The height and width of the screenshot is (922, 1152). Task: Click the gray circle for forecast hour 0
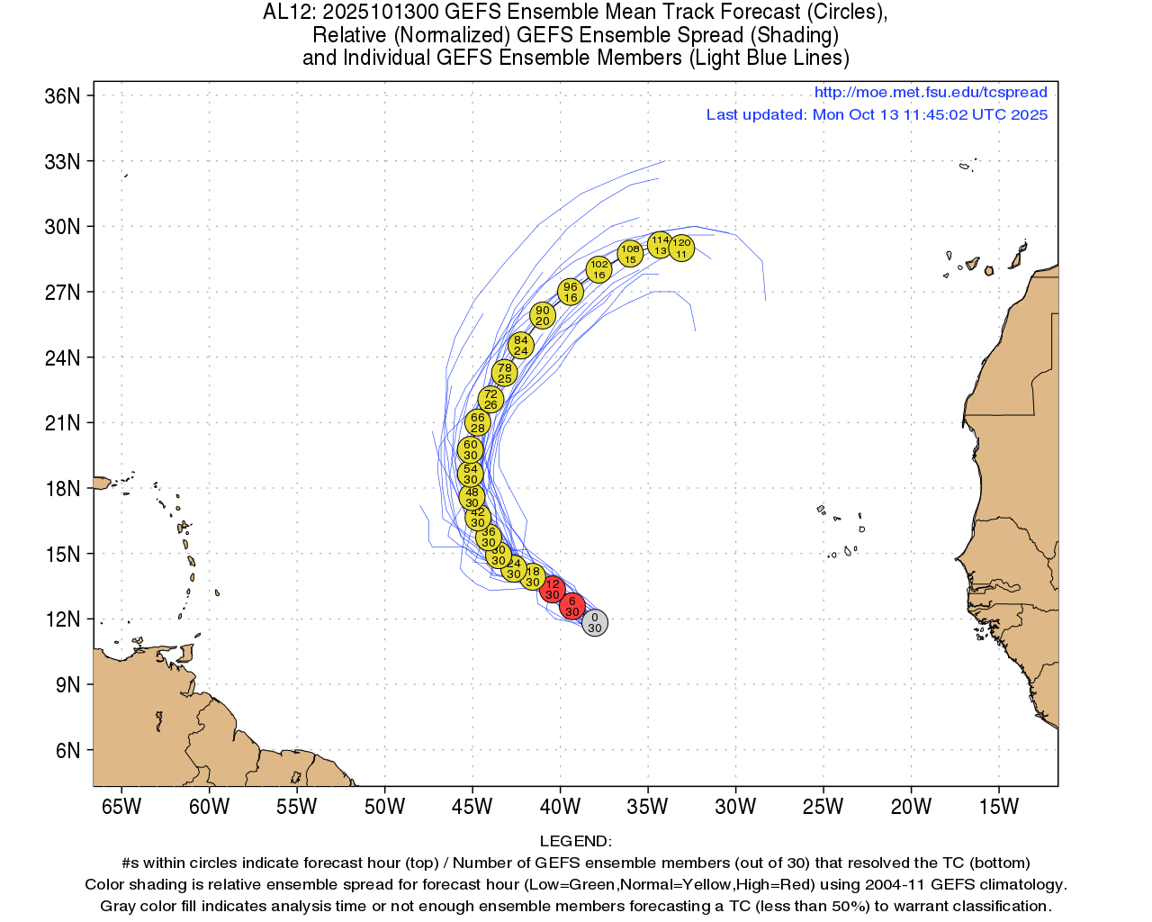[594, 622]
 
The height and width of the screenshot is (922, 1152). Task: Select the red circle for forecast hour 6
[572, 606]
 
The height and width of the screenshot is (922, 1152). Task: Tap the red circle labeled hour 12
[553, 590]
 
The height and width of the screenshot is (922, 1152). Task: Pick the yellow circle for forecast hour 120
[681, 248]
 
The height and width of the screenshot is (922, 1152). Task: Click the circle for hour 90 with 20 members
[542, 315]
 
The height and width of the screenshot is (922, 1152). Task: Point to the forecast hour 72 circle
[490, 399]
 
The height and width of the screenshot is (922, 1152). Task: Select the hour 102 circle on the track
[599, 269]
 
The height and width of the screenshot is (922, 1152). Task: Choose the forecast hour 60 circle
[471, 449]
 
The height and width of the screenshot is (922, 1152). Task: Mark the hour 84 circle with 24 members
[521, 345]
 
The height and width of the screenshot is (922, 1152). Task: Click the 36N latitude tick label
[62, 96]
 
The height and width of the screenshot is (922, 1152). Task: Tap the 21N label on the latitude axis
[62, 423]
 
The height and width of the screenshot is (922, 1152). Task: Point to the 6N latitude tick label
[67, 751]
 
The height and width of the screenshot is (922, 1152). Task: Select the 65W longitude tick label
[121, 807]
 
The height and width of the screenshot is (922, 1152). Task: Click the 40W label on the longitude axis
[560, 807]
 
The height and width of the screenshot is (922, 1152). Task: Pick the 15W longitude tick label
[998, 807]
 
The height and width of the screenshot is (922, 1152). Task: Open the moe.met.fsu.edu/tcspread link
[931, 92]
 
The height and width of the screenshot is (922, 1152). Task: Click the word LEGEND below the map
[575, 842]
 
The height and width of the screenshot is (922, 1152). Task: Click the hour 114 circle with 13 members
[661, 245]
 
